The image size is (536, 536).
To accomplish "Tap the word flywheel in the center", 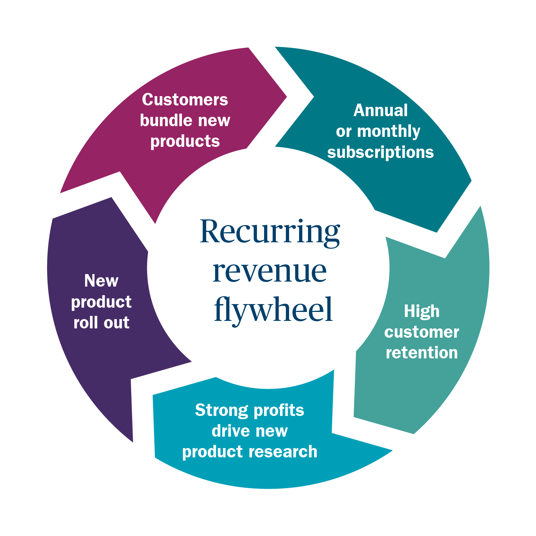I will [273, 309].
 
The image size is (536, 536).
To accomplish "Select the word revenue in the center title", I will [270, 272].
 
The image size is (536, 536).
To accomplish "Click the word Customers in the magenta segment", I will [185, 100].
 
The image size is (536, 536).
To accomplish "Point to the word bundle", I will [167, 120].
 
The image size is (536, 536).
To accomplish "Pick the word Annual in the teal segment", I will [381, 110].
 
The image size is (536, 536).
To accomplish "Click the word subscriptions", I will [381, 152].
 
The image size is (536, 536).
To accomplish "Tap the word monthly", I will [388, 131].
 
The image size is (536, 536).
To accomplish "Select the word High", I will [422, 311].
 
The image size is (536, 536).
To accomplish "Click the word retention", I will [422, 353].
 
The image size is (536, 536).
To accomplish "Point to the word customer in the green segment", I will [422, 332].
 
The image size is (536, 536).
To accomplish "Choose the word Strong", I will [222, 410].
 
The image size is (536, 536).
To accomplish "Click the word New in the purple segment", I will [101, 281].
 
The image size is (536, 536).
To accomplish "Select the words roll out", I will [101, 323].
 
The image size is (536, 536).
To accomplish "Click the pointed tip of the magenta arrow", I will [286, 96].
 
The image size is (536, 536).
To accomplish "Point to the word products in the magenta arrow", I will [185, 142].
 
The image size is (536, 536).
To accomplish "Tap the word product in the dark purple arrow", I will [101, 302].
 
